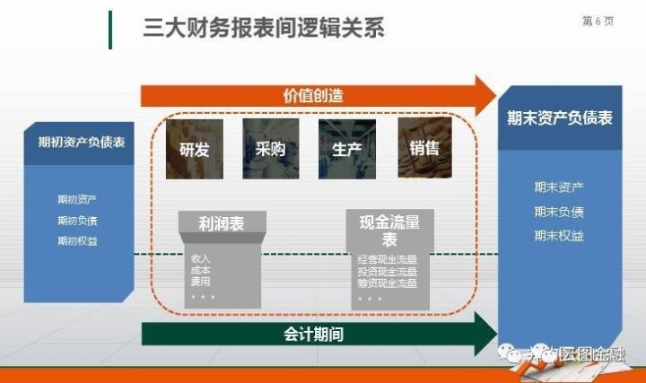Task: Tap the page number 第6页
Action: pyautogui.click(x=598, y=22)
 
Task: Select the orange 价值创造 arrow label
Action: pyautogui.click(x=313, y=94)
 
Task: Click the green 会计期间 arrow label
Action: pyautogui.click(x=313, y=335)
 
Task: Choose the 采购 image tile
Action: pyautogui.click(x=270, y=148)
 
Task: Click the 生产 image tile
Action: pyautogui.click(x=346, y=148)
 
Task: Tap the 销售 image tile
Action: pyautogui.click(x=423, y=148)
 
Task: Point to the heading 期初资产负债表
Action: pyautogui.click(x=81, y=143)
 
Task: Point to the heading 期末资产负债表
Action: pyautogui.click(x=559, y=118)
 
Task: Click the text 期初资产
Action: pyautogui.click(x=77, y=199)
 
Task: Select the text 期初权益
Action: pyautogui.click(x=77, y=240)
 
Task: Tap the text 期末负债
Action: pyautogui.click(x=558, y=212)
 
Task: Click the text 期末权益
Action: pyautogui.click(x=558, y=236)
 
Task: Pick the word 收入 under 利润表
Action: pyautogui.click(x=200, y=258)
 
